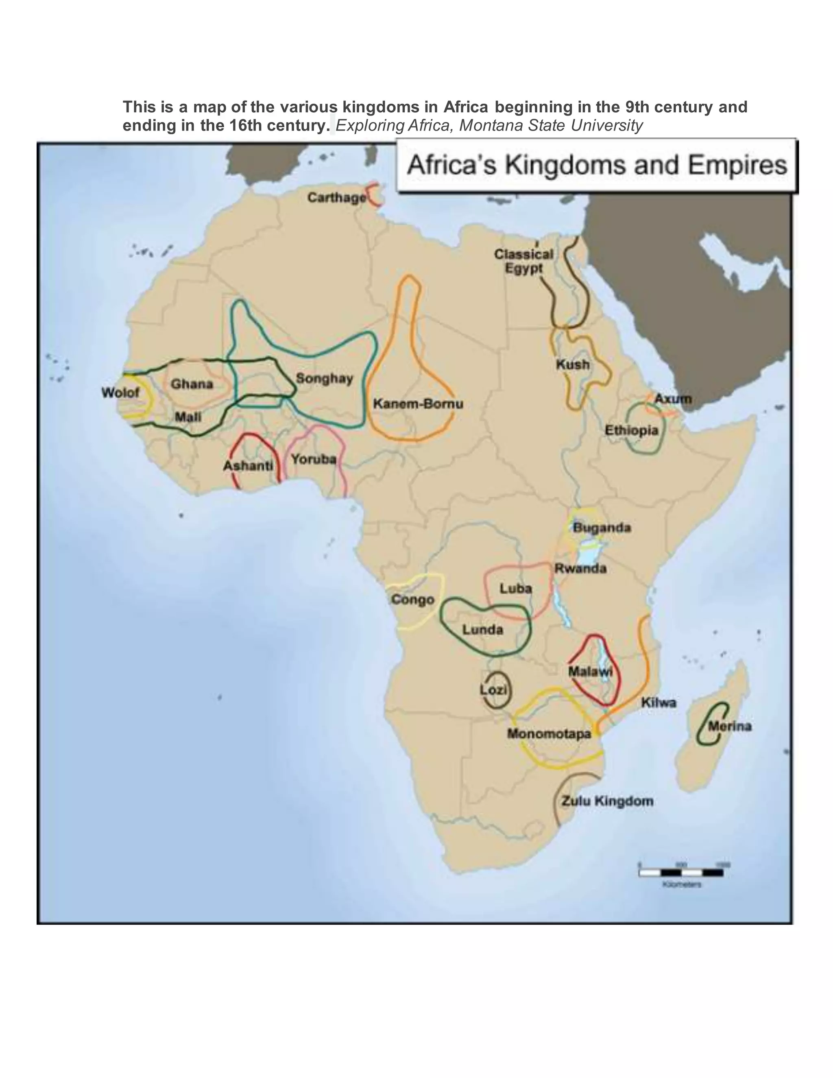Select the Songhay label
click(324, 379)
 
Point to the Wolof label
click(120, 393)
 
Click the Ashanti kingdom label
click(248, 465)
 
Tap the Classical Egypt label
click(523, 261)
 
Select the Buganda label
click(602, 528)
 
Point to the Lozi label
click(493, 690)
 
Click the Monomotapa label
click(549, 733)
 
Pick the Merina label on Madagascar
click(730, 726)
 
